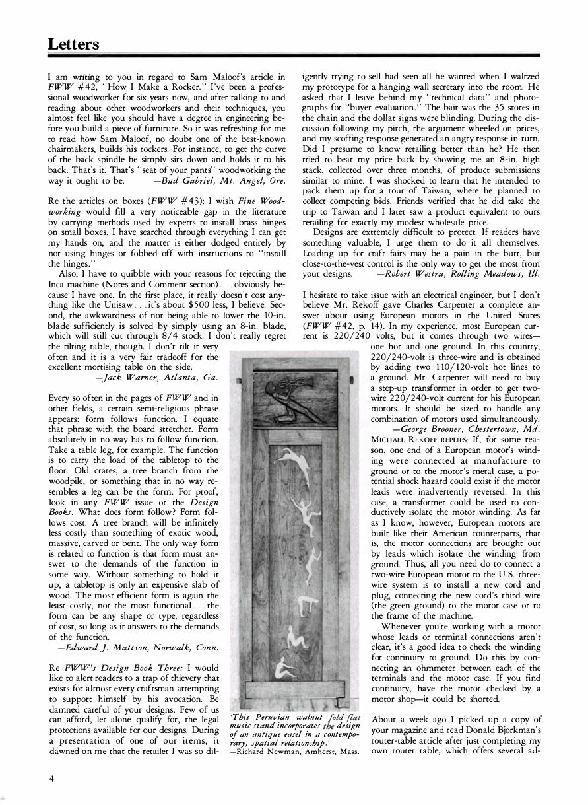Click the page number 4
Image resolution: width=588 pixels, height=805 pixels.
click(x=51, y=778)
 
